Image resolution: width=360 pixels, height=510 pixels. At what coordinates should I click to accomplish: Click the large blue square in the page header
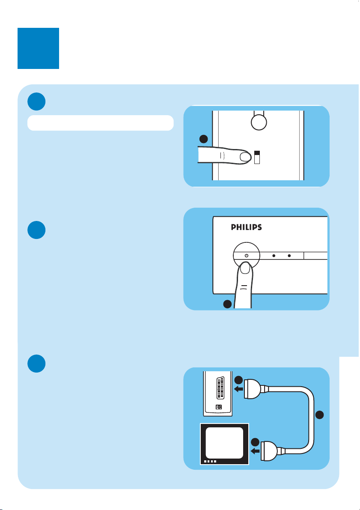click(x=38, y=48)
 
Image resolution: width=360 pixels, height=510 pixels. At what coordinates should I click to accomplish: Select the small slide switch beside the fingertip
click(x=257, y=157)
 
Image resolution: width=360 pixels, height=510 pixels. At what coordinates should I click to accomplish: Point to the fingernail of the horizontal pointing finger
click(x=245, y=157)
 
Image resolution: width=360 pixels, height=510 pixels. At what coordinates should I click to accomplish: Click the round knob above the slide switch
click(x=259, y=122)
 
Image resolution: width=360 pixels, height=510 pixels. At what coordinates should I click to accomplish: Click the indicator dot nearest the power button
click(x=274, y=256)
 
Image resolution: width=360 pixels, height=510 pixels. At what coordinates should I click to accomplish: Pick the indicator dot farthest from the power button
click(x=289, y=256)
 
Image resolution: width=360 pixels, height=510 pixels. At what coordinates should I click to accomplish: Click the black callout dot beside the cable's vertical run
click(x=320, y=415)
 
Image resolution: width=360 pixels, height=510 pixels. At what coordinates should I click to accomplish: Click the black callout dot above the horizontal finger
click(x=204, y=139)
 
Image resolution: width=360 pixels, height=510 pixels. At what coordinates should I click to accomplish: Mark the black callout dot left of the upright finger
click(x=227, y=304)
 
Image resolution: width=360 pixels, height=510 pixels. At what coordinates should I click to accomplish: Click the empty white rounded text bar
click(x=100, y=122)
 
